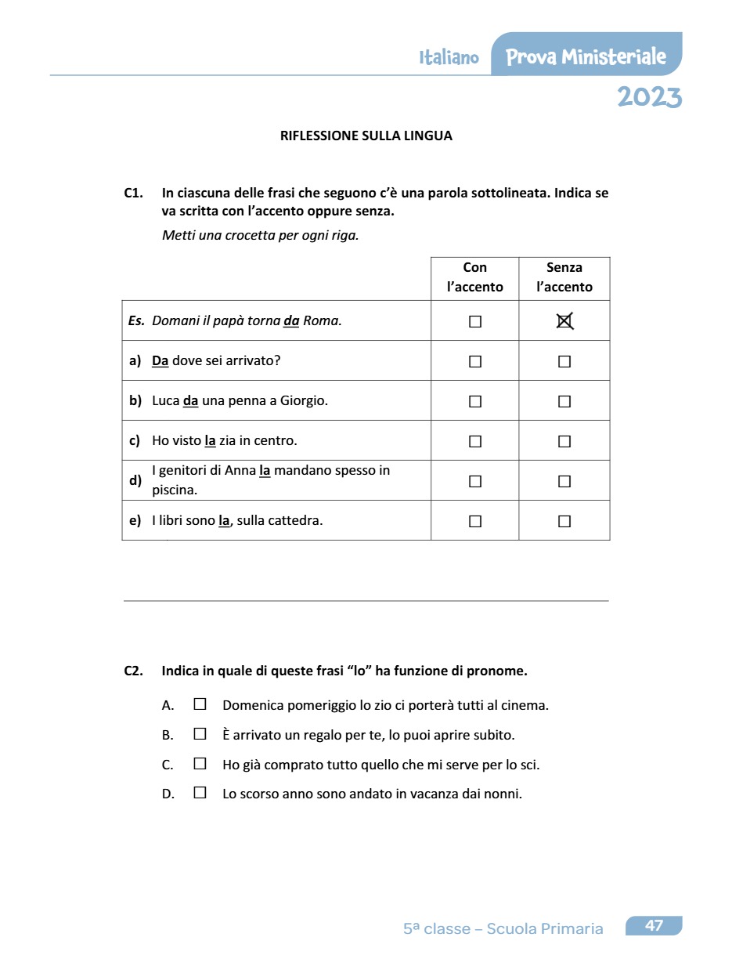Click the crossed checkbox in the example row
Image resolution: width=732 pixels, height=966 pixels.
pos(564,321)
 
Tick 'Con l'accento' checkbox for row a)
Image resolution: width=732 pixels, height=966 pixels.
pos(474,361)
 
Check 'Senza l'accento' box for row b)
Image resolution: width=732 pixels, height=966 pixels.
pos(564,401)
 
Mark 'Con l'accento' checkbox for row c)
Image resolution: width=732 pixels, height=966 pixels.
pos(474,441)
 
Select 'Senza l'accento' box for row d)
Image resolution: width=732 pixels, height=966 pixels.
pos(564,481)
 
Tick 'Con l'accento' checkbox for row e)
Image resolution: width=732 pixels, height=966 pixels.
pos(474,521)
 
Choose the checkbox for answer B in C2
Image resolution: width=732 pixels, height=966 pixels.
pos(200,734)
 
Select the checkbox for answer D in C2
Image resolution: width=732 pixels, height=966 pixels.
pos(200,793)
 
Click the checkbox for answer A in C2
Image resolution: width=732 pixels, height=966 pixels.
pos(200,704)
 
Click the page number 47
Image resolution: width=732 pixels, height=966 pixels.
pos(654,926)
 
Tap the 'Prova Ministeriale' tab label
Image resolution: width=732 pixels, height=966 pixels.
pos(586,57)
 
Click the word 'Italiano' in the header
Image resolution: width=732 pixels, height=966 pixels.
pos(449,58)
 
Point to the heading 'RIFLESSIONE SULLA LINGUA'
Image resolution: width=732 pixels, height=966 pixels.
pos(366,136)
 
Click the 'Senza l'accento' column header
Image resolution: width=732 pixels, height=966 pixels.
pos(564,277)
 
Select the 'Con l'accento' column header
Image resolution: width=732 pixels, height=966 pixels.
pos(474,277)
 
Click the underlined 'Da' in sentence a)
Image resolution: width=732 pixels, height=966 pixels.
pos(160,361)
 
